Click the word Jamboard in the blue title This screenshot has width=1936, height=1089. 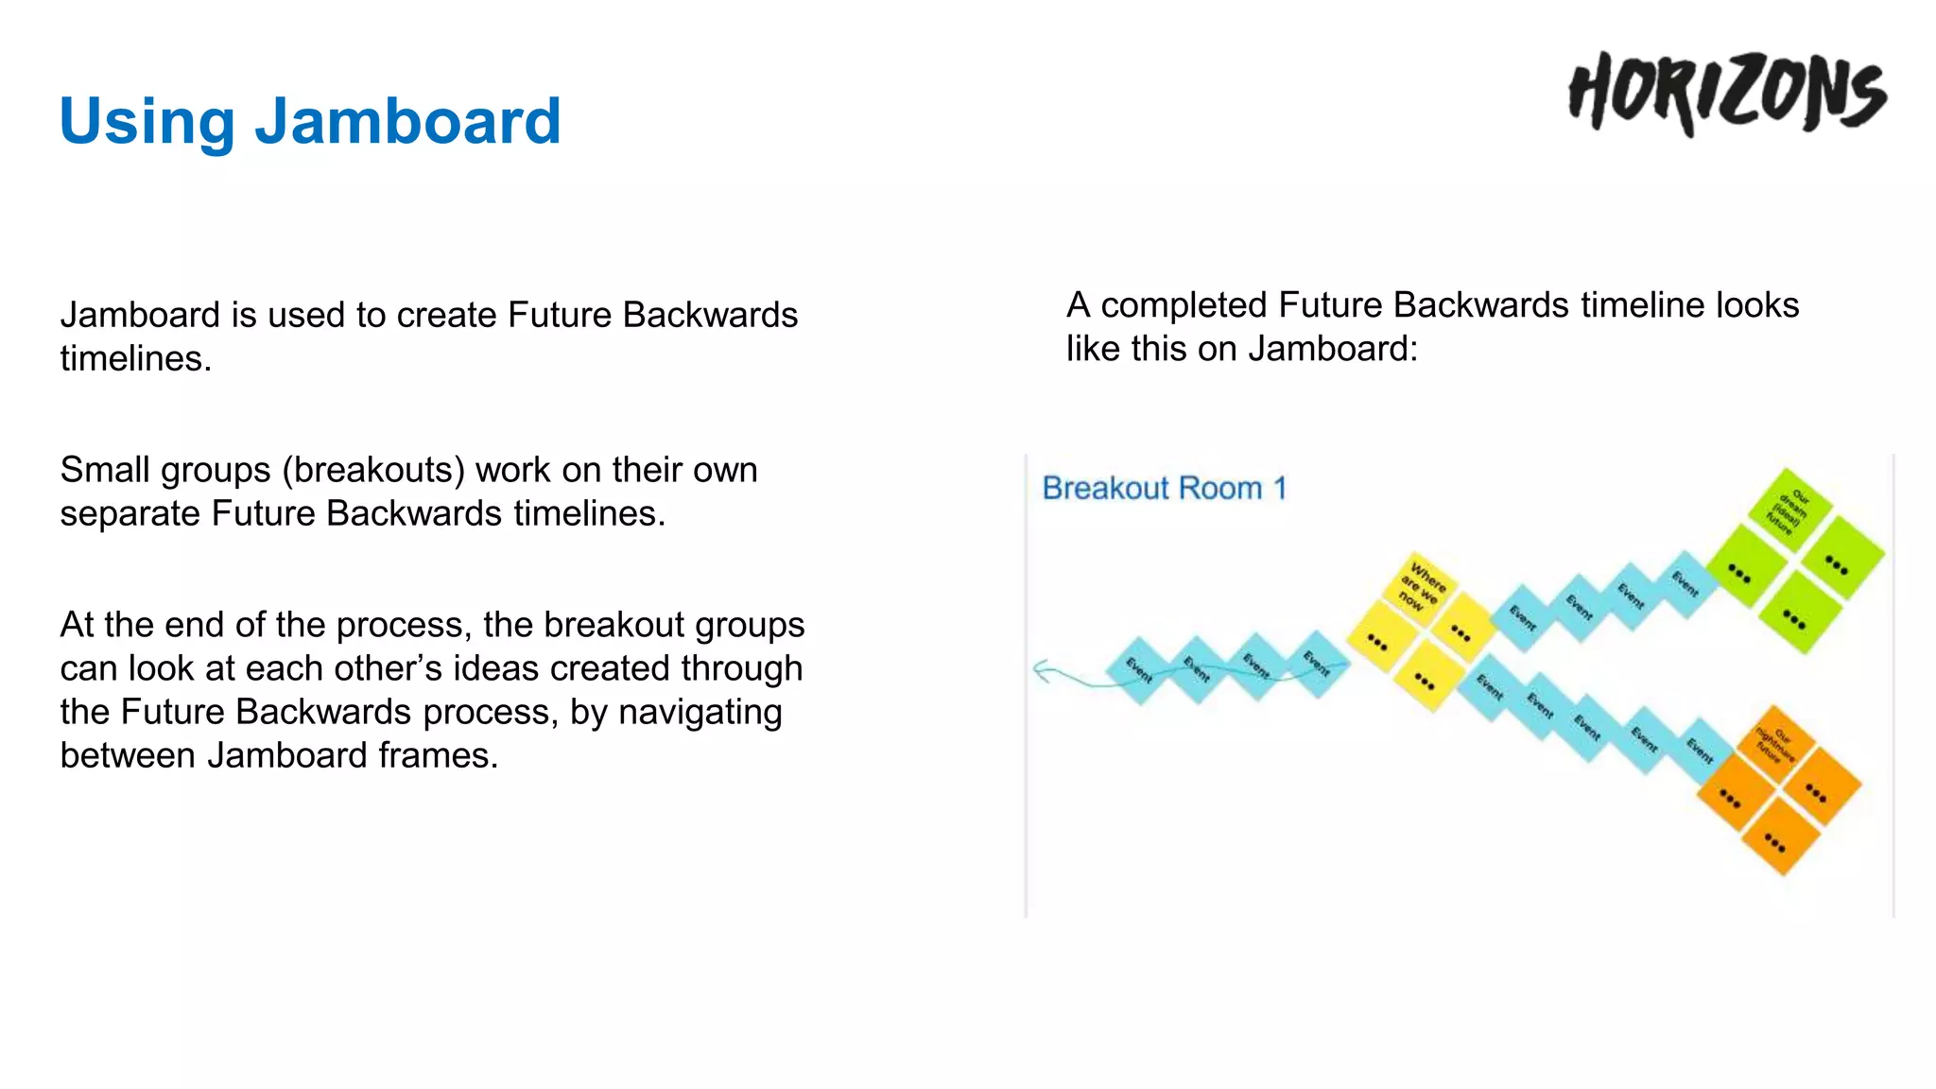pyautogui.click(x=407, y=121)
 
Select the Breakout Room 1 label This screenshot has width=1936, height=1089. pyautogui.click(x=1164, y=488)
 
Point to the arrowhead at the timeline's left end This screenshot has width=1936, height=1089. pyautogui.click(x=1041, y=671)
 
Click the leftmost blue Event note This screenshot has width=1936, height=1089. pyautogui.click(x=1139, y=670)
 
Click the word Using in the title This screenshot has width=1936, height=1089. pyautogui.click(x=147, y=121)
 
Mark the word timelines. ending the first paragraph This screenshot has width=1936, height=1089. pyautogui.click(x=135, y=359)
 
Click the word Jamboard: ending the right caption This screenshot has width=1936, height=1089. pyautogui.click(x=1332, y=349)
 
